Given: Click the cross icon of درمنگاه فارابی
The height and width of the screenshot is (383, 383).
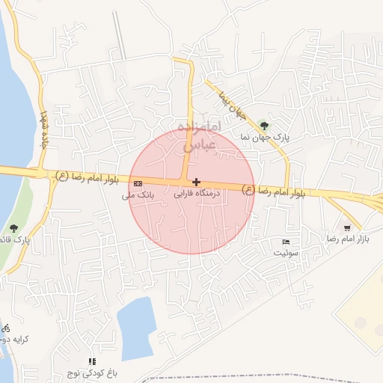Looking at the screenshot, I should click(x=196, y=182).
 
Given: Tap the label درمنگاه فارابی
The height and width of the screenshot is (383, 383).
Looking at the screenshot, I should click(x=194, y=193).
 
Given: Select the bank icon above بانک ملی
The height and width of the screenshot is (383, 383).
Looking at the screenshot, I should click(x=138, y=183).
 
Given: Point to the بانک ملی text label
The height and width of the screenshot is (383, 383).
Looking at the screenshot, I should click(x=138, y=194).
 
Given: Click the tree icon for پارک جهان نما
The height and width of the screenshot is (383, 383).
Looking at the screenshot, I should click(x=263, y=125).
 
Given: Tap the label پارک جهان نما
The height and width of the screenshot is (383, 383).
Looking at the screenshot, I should click(x=264, y=138).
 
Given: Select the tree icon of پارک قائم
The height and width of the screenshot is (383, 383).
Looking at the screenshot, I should click(x=13, y=227).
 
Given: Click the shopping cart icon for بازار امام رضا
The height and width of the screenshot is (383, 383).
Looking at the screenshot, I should click(x=346, y=227).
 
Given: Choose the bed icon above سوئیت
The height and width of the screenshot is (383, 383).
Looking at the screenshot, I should click(x=286, y=242).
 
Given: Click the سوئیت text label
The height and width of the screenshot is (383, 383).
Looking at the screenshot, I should click(x=284, y=253).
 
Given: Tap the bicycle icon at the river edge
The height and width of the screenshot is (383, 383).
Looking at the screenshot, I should click(x=6, y=328).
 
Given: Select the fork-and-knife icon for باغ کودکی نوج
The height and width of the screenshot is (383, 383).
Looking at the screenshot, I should click(x=92, y=361).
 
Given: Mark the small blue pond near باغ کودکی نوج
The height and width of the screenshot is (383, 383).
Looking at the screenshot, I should click(x=135, y=326).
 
